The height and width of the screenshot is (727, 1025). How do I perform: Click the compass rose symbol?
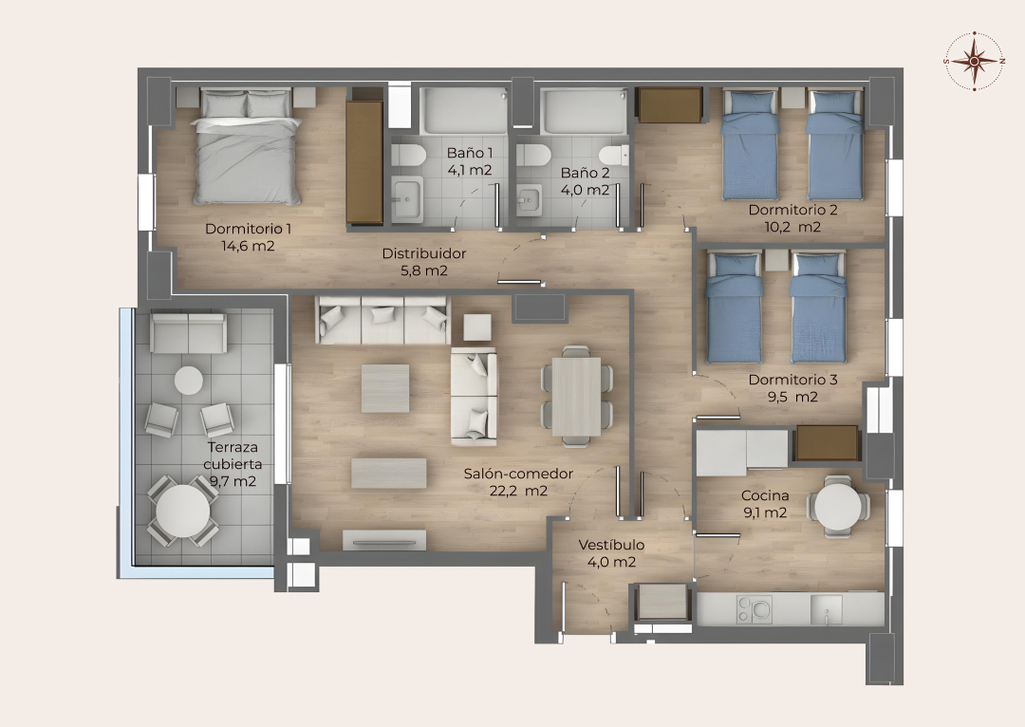tap(974, 61)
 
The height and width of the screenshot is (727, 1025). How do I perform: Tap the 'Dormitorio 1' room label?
tap(249, 229)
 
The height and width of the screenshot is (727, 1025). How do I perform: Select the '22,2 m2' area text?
tap(518, 491)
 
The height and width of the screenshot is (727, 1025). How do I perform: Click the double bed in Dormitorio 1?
tap(247, 147)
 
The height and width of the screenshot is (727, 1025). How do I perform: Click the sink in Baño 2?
tap(529, 200)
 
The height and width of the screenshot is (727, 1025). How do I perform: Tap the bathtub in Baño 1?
tap(464, 110)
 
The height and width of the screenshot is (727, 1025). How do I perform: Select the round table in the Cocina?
tap(838, 506)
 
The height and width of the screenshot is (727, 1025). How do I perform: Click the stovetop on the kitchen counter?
tap(754, 609)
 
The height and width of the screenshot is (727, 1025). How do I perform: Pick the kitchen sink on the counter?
tap(827, 609)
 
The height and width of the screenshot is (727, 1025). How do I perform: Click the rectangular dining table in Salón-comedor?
tap(576, 397)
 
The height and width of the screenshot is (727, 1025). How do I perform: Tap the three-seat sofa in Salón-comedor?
tap(383, 320)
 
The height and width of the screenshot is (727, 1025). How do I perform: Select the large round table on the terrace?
tap(183, 511)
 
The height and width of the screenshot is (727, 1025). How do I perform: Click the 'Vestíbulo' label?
tap(611, 545)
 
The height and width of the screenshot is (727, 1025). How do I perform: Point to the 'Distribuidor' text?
tap(423, 253)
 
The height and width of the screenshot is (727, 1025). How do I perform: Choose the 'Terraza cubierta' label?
tap(233, 456)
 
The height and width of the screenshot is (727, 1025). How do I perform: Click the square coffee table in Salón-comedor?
tap(385, 388)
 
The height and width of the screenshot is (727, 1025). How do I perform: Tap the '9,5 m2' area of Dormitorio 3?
tap(792, 397)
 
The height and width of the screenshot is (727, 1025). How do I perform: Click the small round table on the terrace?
tap(188, 381)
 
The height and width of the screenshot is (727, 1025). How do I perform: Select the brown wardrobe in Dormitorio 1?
tap(364, 162)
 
